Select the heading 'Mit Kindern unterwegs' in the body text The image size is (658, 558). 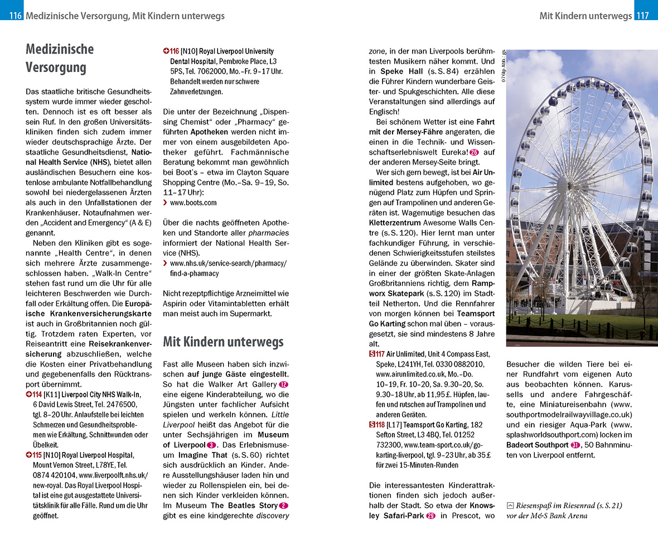223,341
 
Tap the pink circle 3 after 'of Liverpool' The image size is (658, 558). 211,445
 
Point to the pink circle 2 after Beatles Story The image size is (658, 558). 283,506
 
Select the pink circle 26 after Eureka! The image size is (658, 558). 474,152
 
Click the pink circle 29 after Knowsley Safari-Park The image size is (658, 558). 430,516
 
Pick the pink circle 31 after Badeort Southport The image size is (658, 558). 575,445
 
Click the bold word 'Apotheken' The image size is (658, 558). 209,132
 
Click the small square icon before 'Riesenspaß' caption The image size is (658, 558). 510,506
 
